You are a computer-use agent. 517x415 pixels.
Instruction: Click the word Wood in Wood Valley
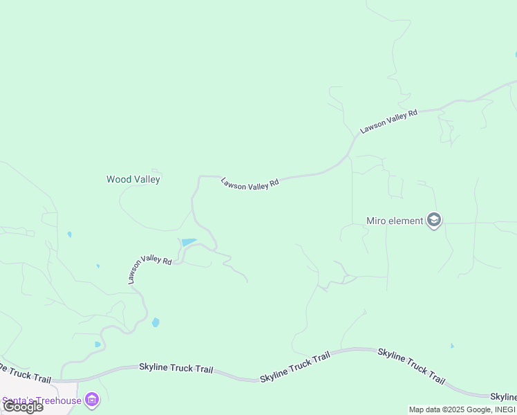117,179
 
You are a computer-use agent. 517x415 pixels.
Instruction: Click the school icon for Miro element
434,221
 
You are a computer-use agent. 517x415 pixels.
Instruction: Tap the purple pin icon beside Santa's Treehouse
92,400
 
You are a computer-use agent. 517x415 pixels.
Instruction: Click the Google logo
23,406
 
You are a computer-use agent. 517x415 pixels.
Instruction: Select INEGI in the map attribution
504,409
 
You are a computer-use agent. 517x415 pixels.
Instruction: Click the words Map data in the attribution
424,409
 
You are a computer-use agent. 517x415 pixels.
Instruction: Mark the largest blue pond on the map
188,242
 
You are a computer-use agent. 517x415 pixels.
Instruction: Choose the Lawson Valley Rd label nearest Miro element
388,121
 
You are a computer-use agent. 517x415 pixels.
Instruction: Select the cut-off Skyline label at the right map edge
504,397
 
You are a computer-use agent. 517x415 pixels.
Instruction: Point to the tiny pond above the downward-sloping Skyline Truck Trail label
452,345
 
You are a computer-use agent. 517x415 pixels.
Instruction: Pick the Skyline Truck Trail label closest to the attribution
411,366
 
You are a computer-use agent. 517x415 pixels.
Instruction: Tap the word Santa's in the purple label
18,400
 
